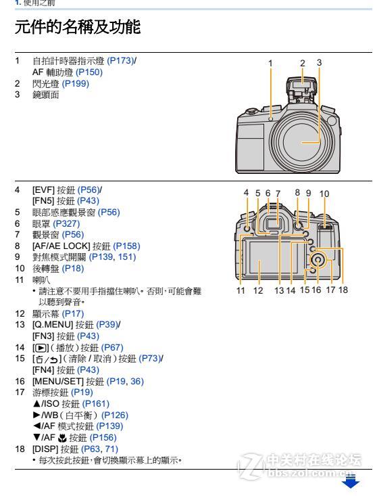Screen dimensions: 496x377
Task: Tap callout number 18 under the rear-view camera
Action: (343, 291)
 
